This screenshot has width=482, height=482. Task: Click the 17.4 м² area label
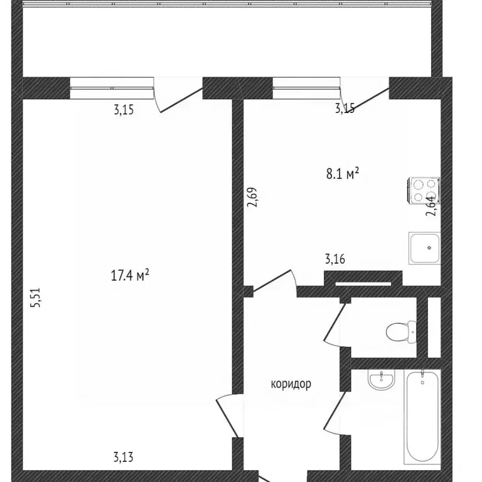coord(130,275)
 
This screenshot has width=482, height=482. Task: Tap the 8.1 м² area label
coord(343,174)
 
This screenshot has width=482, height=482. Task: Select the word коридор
coord(291,384)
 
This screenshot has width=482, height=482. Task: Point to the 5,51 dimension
coord(35,297)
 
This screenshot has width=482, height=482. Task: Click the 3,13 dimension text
coord(123,458)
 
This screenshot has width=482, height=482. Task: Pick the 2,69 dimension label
coord(252,197)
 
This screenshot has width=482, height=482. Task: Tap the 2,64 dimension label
coord(431,206)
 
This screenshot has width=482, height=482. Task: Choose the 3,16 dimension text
coord(335,259)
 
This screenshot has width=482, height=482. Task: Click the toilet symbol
coord(401,332)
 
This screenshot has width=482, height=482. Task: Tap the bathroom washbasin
coord(381,380)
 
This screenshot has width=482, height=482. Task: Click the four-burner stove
coord(424,190)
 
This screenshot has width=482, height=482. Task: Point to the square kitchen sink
coord(424,248)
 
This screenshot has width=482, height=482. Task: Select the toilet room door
coord(336,325)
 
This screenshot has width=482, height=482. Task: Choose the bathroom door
coord(336,414)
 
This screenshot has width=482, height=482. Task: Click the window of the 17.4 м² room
coord(112,88)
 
